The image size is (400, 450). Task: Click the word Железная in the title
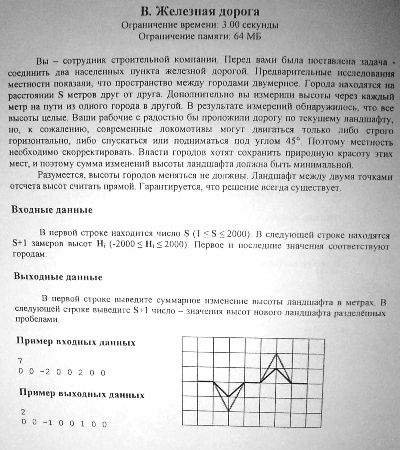(x=182, y=12)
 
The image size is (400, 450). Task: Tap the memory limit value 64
(x=238, y=36)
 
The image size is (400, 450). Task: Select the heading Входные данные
(x=52, y=210)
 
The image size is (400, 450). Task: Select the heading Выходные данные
(x=58, y=277)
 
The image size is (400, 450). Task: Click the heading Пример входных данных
(x=76, y=342)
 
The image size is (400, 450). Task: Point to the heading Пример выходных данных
(x=82, y=394)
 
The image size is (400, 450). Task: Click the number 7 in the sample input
(x=20, y=361)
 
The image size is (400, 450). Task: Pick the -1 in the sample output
(x=47, y=424)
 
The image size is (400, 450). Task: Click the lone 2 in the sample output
(x=23, y=412)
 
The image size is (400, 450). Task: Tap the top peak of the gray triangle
(x=276, y=353)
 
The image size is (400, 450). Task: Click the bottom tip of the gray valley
(x=229, y=411)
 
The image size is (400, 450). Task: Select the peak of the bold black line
(x=276, y=368)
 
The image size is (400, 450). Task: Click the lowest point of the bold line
(x=229, y=396)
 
